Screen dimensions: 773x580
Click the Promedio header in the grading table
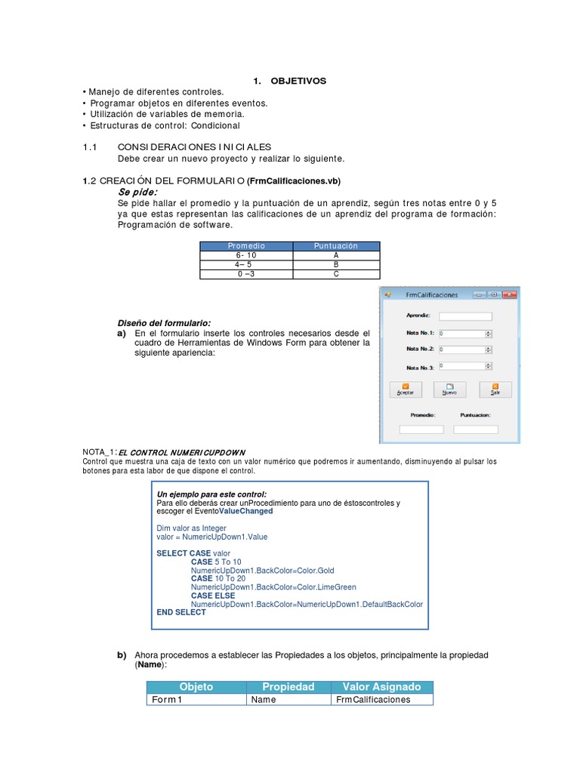[x=245, y=246]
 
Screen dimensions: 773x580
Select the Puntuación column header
[x=335, y=246]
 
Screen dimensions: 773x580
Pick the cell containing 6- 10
[x=245, y=256]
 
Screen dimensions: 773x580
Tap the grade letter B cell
[x=335, y=265]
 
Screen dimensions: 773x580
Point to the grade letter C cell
[x=335, y=275]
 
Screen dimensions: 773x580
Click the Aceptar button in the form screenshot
[x=406, y=390]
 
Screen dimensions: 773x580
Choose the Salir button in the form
[x=495, y=390]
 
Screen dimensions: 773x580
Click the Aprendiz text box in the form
[x=465, y=316]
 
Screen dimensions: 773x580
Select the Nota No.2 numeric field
[x=464, y=350]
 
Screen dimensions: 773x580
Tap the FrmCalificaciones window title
[x=431, y=294]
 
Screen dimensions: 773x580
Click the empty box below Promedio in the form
[x=421, y=430]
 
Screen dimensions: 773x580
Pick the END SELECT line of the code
[x=180, y=612]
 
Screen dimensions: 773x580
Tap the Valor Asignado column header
[x=382, y=687]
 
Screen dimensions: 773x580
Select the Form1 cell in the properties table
[x=196, y=700]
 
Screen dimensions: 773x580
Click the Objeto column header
[x=196, y=687]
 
